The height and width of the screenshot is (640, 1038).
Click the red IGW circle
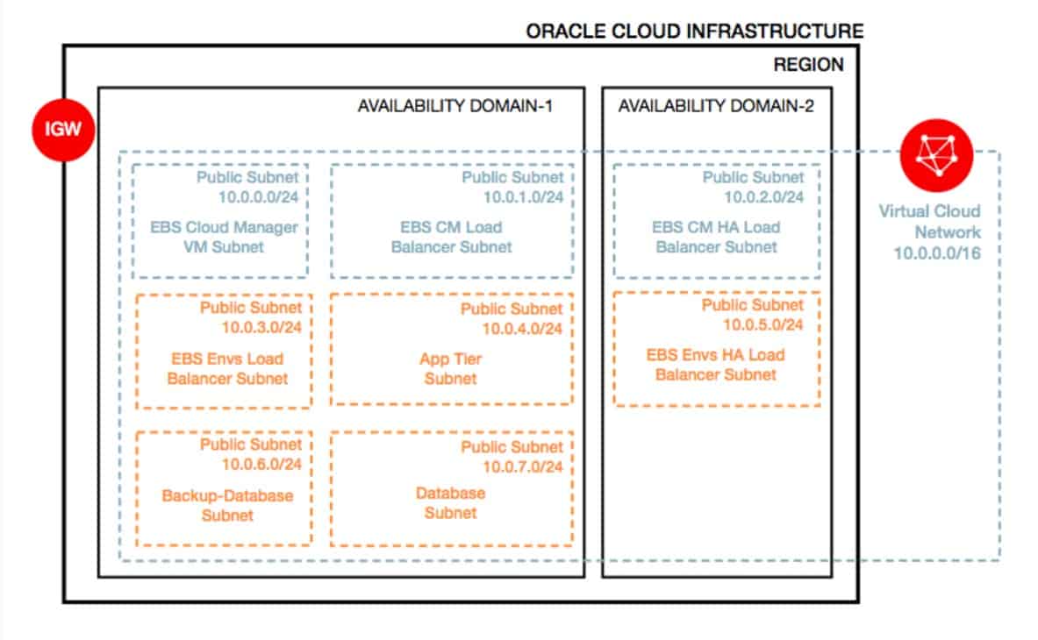(62, 131)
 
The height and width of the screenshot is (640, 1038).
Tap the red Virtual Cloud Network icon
(936, 153)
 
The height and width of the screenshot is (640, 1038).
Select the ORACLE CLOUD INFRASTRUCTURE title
(694, 32)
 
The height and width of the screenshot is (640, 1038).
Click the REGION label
(808, 65)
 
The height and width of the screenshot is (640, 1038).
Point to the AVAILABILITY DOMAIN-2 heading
(716, 106)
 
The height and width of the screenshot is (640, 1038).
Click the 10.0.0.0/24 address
(261, 196)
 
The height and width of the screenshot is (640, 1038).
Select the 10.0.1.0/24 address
(523, 196)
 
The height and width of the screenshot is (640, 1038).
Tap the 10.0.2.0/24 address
(763, 196)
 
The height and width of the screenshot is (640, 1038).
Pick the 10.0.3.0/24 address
(262, 328)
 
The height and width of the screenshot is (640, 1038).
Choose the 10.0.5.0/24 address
(762, 324)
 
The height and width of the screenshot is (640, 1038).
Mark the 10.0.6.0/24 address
(262, 464)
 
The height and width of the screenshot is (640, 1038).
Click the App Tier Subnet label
(451, 369)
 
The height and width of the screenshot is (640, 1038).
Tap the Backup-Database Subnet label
(227, 505)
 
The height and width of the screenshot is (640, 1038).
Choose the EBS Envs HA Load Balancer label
(716, 365)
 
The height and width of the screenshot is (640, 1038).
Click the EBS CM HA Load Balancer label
(716, 237)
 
